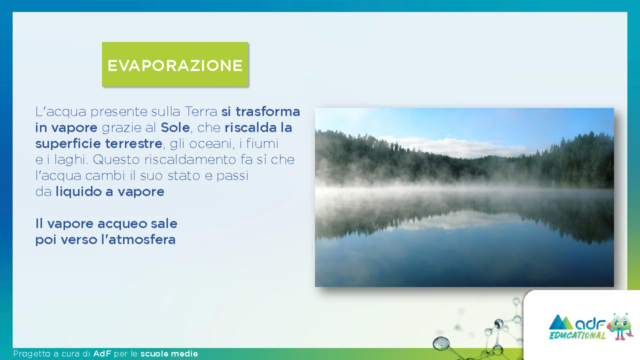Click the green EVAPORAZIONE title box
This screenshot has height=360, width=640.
[175, 64]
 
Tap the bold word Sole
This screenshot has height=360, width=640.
[175, 127]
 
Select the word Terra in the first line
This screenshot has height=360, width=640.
[201, 111]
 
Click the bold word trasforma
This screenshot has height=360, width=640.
[267, 111]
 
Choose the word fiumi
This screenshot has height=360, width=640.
[262, 143]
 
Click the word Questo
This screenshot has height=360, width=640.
[116, 159]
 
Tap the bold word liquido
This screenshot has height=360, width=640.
[78, 191]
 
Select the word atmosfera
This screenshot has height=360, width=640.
[142, 239]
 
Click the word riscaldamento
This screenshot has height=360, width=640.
[190, 159]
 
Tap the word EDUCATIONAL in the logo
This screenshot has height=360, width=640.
[577, 335]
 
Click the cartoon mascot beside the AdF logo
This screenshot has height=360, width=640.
[619, 326]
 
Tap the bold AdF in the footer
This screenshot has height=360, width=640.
[102, 353]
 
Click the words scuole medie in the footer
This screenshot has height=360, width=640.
[169, 353]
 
